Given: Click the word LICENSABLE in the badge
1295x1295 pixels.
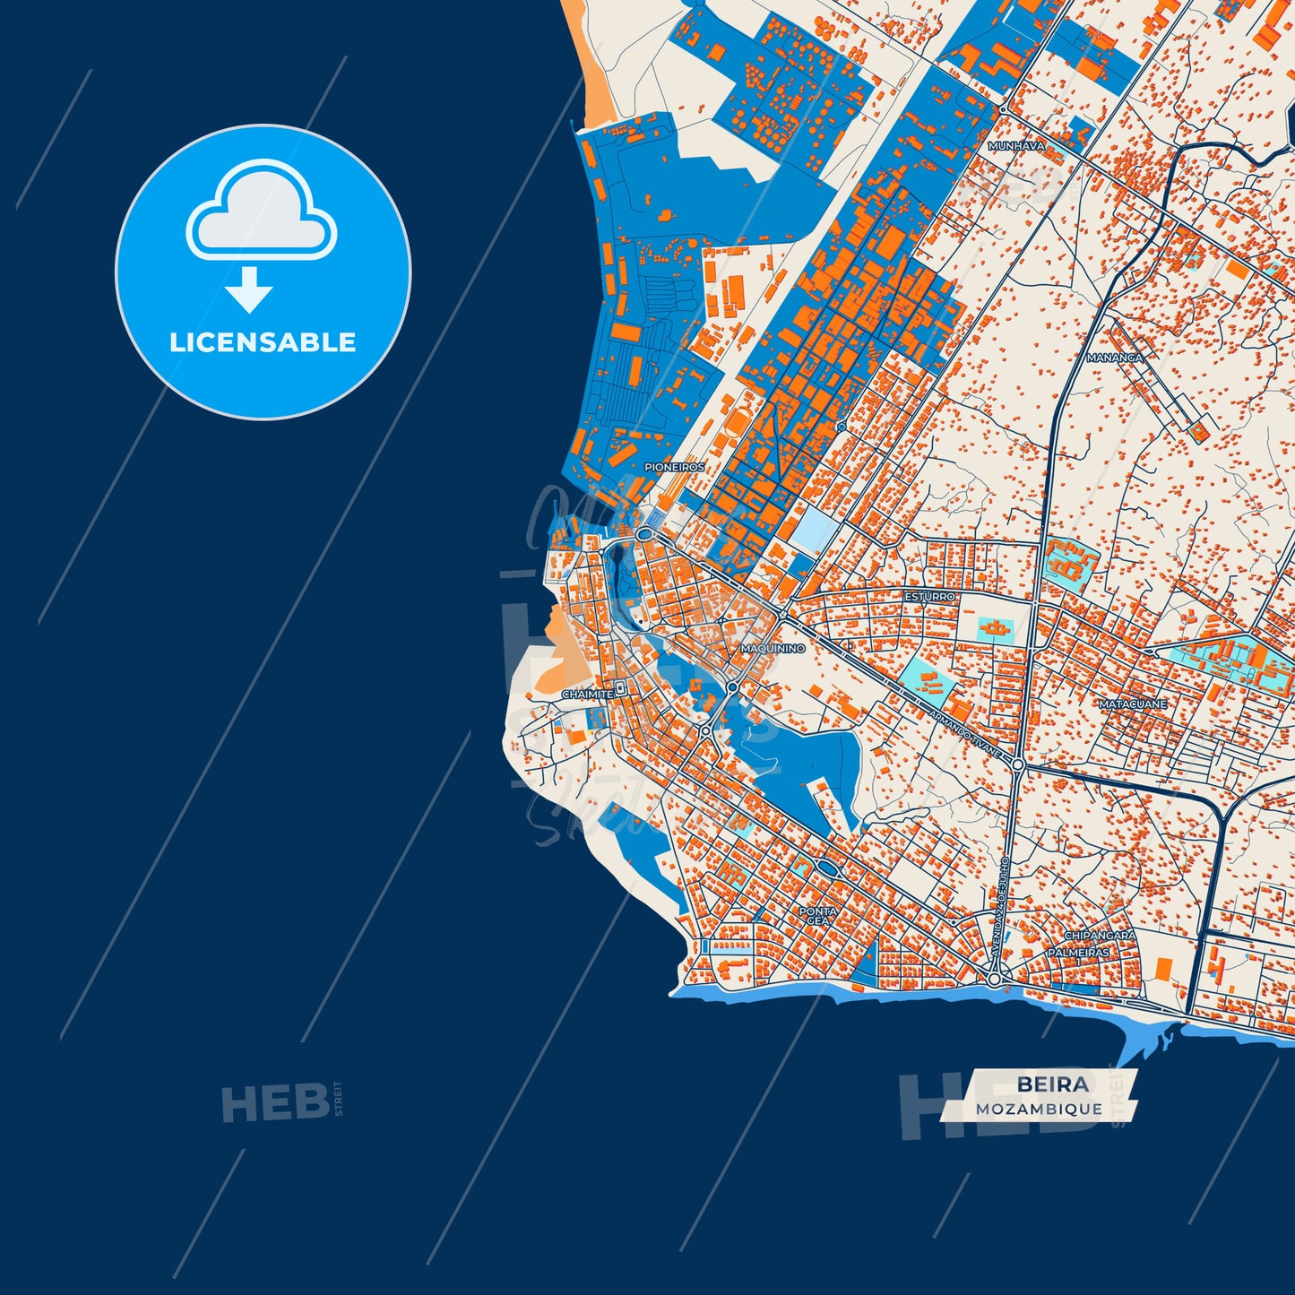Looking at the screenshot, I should [263, 342].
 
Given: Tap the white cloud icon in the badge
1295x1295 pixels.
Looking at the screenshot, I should [261, 212].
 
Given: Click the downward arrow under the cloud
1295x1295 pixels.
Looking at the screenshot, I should [249, 289].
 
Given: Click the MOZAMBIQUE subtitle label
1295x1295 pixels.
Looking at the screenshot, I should [1039, 1109].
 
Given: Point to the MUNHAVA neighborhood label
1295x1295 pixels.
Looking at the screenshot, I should [1016, 145].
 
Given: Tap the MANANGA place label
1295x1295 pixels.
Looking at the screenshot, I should [1114, 358].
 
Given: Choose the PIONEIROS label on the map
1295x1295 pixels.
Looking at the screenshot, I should [674, 467].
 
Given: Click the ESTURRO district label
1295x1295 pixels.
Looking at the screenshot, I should [929, 596].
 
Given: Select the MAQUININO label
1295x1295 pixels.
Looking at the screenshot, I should [773, 647].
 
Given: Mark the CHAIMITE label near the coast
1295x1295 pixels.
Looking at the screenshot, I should [587, 695].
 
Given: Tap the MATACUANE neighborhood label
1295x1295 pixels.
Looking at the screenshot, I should [1133, 704].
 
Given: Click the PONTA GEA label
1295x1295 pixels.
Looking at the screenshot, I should [817, 916].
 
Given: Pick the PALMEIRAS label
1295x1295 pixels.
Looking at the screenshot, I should [1079, 953].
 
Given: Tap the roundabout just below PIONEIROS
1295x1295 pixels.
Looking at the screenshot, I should [644, 534].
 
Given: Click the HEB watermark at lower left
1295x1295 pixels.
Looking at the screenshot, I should [275, 1102].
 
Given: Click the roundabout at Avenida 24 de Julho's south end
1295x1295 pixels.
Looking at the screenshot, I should [994, 980].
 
